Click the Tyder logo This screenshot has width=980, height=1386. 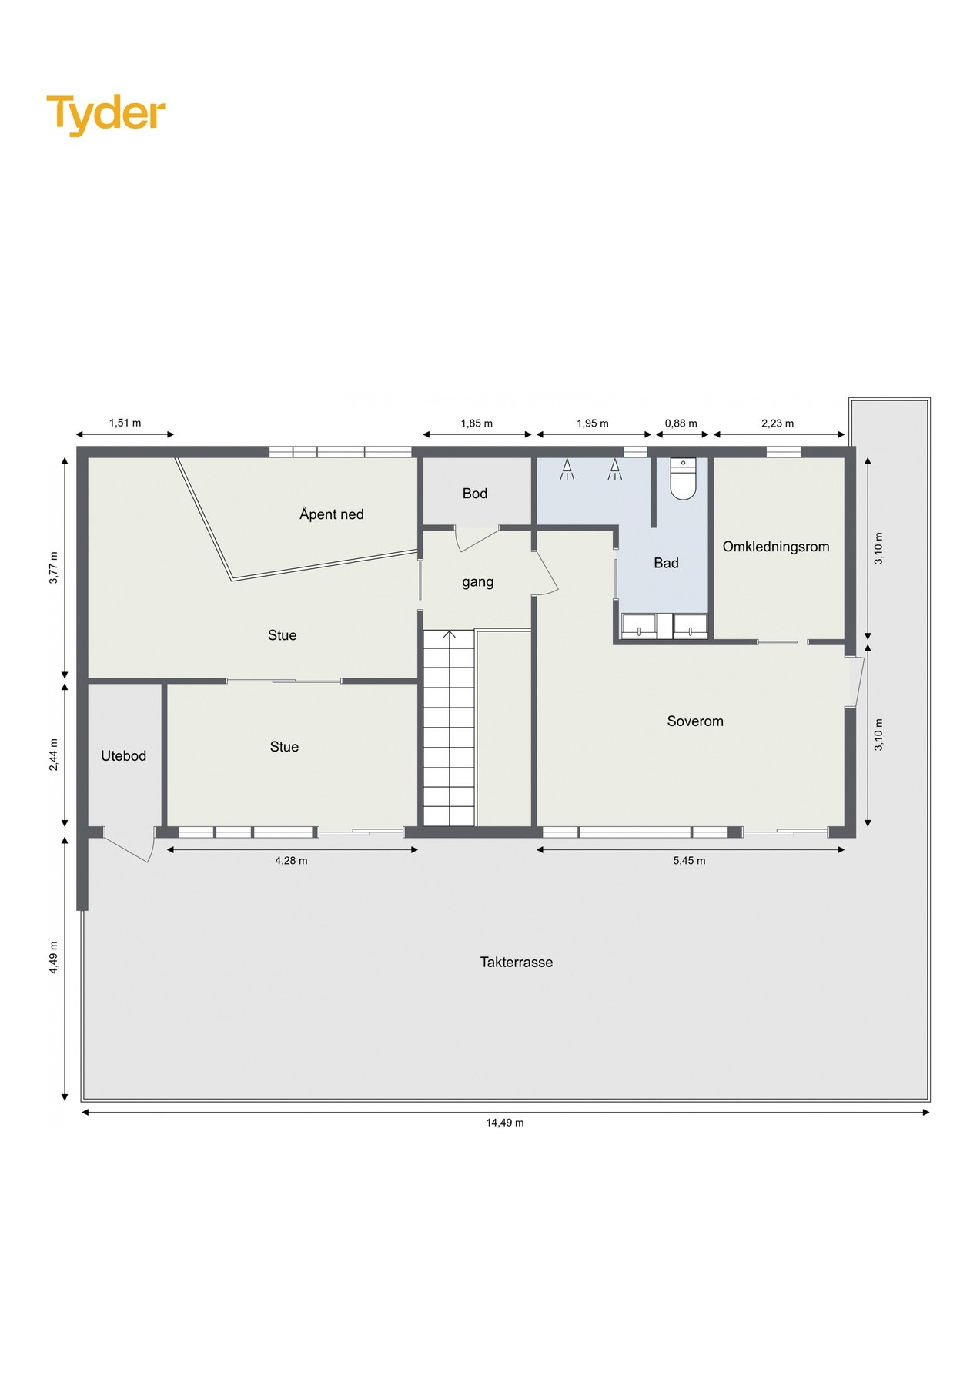pos(105,114)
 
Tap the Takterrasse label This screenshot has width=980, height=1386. pos(516,962)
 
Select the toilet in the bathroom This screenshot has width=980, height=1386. pos(683,480)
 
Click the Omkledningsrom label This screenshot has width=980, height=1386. pos(775,547)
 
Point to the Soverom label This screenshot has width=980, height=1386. pos(694,721)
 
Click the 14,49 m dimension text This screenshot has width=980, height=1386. pos(504,1123)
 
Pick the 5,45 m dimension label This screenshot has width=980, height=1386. pos(689,861)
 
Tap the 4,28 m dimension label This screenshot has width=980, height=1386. pos(291,861)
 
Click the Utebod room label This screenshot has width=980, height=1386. pos(123,756)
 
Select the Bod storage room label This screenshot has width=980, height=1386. pos(474,494)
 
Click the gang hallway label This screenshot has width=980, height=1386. pos(477,582)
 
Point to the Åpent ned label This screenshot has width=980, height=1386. pos(331,514)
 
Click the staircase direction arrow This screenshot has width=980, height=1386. pos(450,636)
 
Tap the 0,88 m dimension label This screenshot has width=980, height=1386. pos(681,423)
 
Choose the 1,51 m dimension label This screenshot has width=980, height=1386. pos(125,423)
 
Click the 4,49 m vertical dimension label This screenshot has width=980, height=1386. pos(53,958)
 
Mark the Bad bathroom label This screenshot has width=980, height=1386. pos(666,563)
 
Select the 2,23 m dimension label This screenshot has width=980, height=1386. pos(778,423)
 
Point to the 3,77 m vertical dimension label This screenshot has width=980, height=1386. pos(53,567)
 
